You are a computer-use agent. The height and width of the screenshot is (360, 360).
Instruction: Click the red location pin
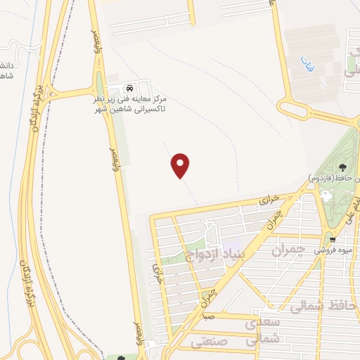pyautogui.click(x=181, y=165)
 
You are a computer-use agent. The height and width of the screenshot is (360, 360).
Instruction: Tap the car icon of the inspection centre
pyautogui.click(x=129, y=89)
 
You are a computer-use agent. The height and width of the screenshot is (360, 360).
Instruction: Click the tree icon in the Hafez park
pyautogui.click(x=342, y=167)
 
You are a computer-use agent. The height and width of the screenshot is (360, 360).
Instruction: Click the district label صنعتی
pyautogui.click(x=209, y=342)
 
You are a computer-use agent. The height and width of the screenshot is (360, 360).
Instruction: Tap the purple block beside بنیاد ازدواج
pyautogui.click(x=232, y=249)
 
